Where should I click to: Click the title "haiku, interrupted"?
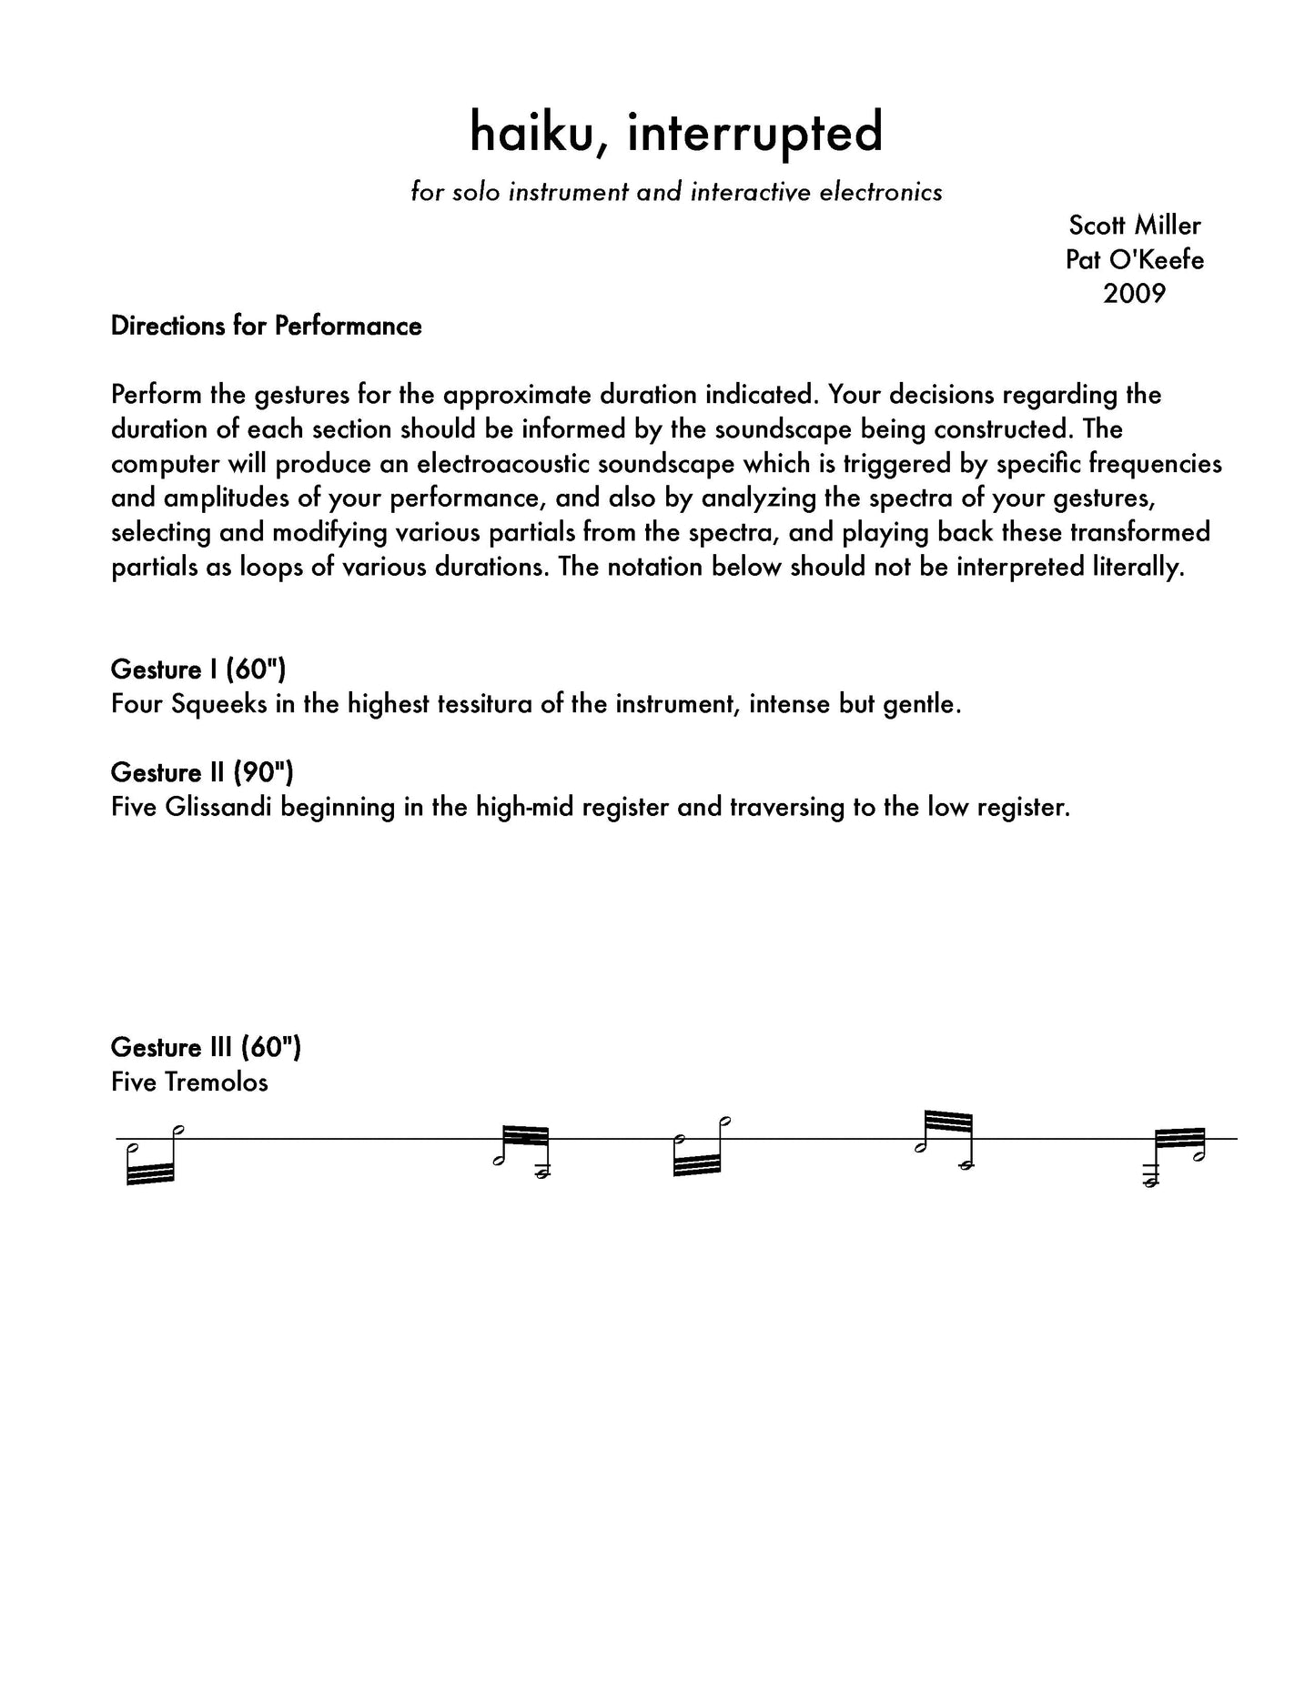point(676,133)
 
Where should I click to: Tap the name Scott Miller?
point(1134,225)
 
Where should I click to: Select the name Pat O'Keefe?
point(1134,259)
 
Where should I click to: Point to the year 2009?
point(1134,293)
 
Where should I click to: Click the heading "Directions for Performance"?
point(266,327)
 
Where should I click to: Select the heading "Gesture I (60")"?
point(197,669)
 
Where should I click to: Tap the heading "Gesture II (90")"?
point(202,772)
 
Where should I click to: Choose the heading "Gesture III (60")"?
point(206,1047)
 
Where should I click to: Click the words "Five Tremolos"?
point(189,1082)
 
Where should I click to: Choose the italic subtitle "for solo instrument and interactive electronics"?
point(676,192)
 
